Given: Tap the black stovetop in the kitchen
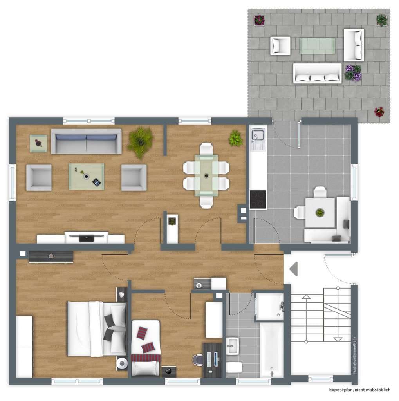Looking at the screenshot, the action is pos(258,199).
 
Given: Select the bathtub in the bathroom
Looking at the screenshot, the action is pos(272,350).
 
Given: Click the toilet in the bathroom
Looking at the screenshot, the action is pos(234,367).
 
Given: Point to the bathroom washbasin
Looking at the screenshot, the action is pos(232,346).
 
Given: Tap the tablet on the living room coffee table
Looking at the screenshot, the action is pos(97,182).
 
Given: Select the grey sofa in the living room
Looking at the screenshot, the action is pos(86,141).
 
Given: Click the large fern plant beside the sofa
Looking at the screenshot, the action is pos(140,141).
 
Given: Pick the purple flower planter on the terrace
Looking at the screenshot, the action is pos(353,73).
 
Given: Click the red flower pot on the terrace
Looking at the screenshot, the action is pos(379,112).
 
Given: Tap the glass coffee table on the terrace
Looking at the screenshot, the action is pos(317,46).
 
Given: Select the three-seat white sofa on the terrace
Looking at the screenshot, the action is pos(317,73).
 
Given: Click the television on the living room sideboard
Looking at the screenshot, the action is pos(86,237).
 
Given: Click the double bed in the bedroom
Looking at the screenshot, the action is pos(97,329).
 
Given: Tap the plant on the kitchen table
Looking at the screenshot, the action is pos(320,212).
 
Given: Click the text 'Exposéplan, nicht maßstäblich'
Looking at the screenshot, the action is pos(359,390).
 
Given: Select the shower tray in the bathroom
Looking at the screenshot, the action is pos(270,307).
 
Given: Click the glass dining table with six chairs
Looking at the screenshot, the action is pos(206,175).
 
